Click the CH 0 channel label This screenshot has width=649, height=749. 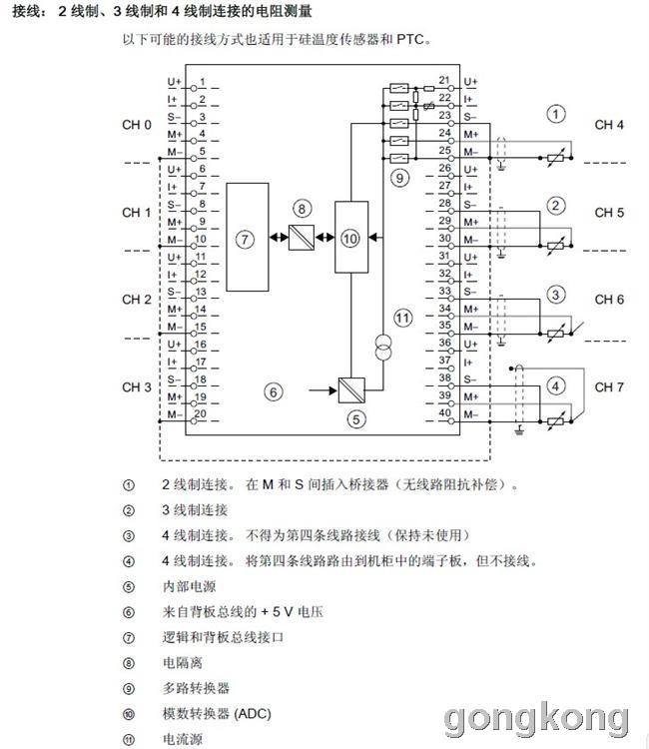pyautogui.click(x=137, y=125)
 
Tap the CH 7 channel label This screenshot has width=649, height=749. pyautogui.click(x=609, y=386)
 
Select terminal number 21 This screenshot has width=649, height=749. pyautogui.click(x=444, y=80)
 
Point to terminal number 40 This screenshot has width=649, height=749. pyautogui.click(x=444, y=412)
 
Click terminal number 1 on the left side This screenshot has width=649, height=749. pyautogui.click(x=203, y=82)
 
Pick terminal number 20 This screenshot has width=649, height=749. pyautogui.click(x=201, y=413)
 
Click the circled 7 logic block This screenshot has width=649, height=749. pyautogui.click(x=247, y=237)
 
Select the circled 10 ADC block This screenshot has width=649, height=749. pyautogui.click(x=351, y=237)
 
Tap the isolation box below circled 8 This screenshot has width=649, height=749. pyautogui.click(x=302, y=238)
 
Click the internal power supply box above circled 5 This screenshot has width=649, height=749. pyautogui.click(x=351, y=390)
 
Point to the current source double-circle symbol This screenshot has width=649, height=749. pyautogui.click(x=383, y=348)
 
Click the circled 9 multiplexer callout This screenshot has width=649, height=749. pyautogui.click(x=399, y=178)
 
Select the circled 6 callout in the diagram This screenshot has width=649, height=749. pyautogui.click(x=274, y=392)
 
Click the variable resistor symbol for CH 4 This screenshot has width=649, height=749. pyautogui.click(x=555, y=158)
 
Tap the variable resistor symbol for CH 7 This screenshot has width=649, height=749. pyautogui.click(x=555, y=421)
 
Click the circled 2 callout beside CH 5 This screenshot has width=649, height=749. pyautogui.click(x=555, y=206)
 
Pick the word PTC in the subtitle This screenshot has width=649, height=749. pyautogui.click(x=410, y=39)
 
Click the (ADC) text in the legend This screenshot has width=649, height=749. pyautogui.click(x=253, y=714)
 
